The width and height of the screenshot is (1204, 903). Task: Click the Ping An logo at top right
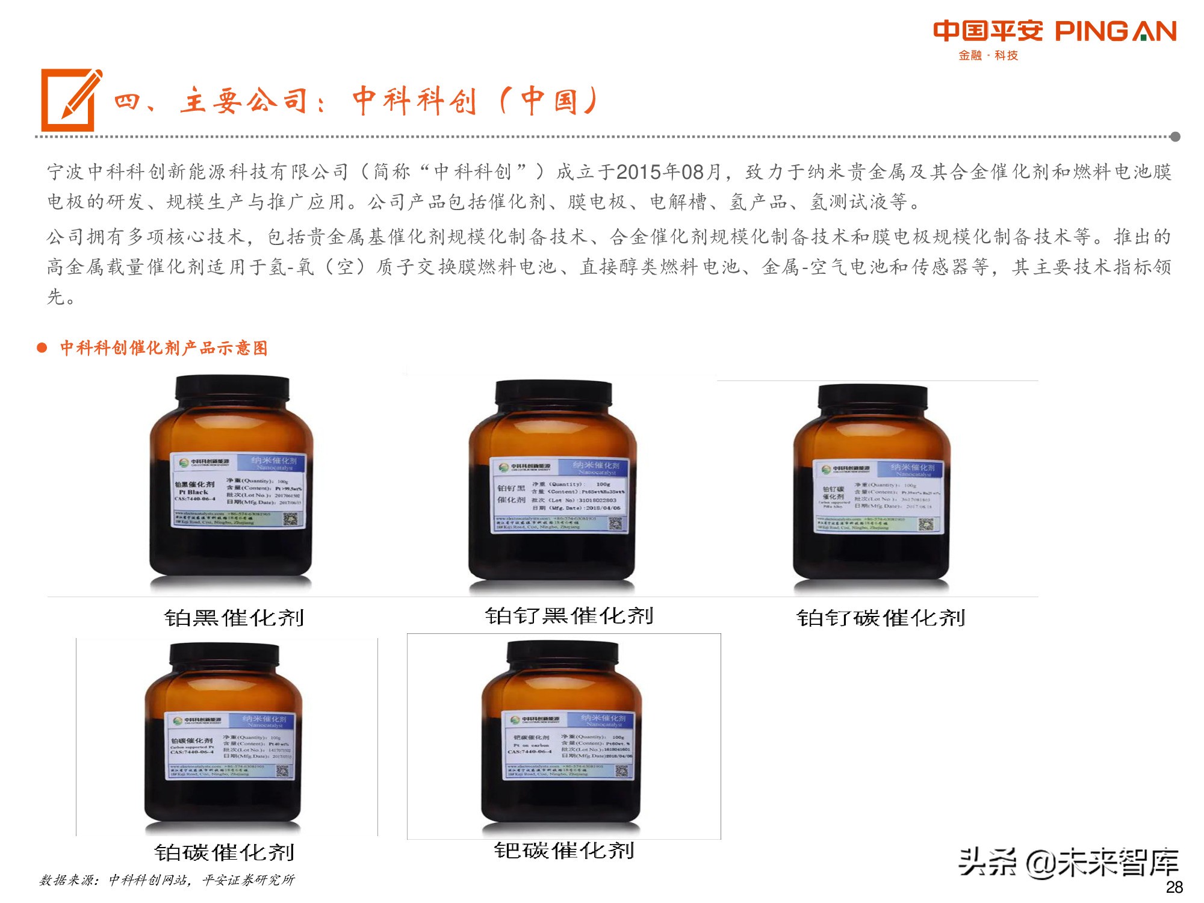[x=1054, y=31]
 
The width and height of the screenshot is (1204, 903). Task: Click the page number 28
[x=1174, y=887]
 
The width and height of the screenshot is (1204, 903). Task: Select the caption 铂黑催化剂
[x=234, y=618]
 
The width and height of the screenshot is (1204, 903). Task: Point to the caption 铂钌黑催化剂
[x=569, y=616]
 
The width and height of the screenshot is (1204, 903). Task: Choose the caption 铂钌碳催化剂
[x=881, y=618]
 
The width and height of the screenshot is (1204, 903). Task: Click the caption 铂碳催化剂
[x=224, y=852]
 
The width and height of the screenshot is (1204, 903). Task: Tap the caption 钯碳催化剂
[x=564, y=851]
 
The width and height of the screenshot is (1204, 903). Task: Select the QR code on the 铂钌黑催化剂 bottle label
[x=615, y=524]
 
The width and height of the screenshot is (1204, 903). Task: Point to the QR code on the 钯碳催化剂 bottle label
[x=621, y=771]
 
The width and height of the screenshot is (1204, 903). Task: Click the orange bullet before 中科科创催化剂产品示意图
[x=42, y=348]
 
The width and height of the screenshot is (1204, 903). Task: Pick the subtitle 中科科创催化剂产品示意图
[x=163, y=348]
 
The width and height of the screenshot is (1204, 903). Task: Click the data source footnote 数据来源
[x=167, y=880]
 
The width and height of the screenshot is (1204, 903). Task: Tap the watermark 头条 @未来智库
[x=1068, y=863]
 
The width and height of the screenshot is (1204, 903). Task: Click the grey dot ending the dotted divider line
[x=1175, y=137]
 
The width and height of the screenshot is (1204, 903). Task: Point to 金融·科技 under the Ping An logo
[x=988, y=55]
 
